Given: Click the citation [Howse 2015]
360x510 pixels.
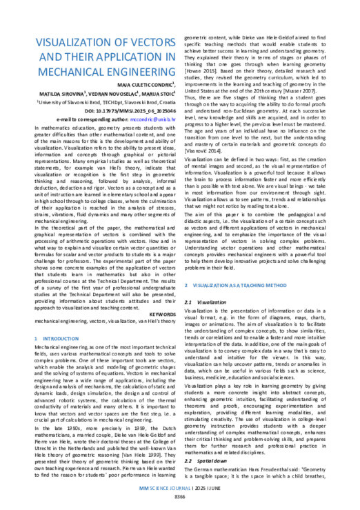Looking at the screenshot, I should pyautogui.click(x=206, y=71).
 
